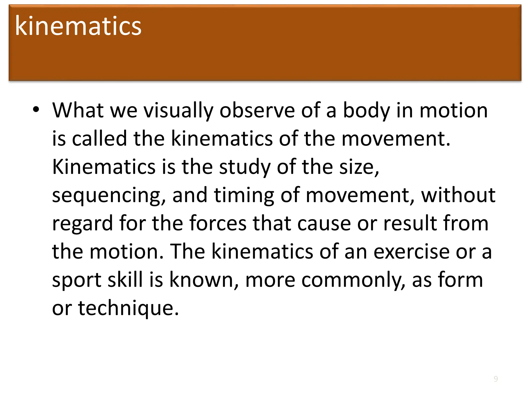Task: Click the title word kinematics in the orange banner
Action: (78, 26)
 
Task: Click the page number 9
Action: (496, 379)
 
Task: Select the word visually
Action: (178, 111)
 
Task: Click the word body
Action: (366, 111)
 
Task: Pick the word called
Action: (99, 138)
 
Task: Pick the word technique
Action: (128, 308)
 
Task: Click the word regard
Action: (83, 224)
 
